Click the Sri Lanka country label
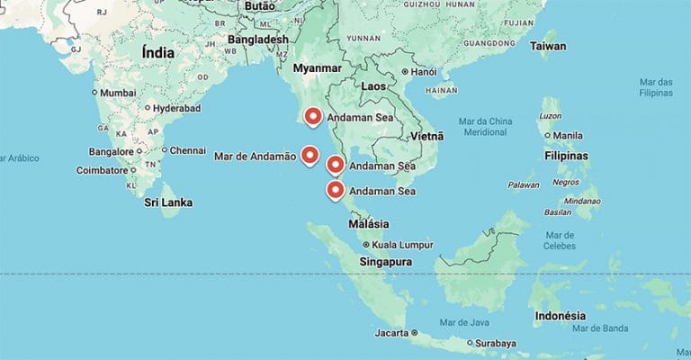point(168,202)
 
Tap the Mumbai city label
point(118,93)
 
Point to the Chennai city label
point(187,150)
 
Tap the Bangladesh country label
point(258,40)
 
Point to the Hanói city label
point(425,71)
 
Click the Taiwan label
point(548,46)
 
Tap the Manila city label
point(569,136)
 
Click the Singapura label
point(385,262)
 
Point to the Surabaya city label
point(496,343)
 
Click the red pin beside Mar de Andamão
point(310,155)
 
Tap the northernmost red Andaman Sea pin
point(313,116)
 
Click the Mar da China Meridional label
point(485,127)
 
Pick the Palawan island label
point(523,184)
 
